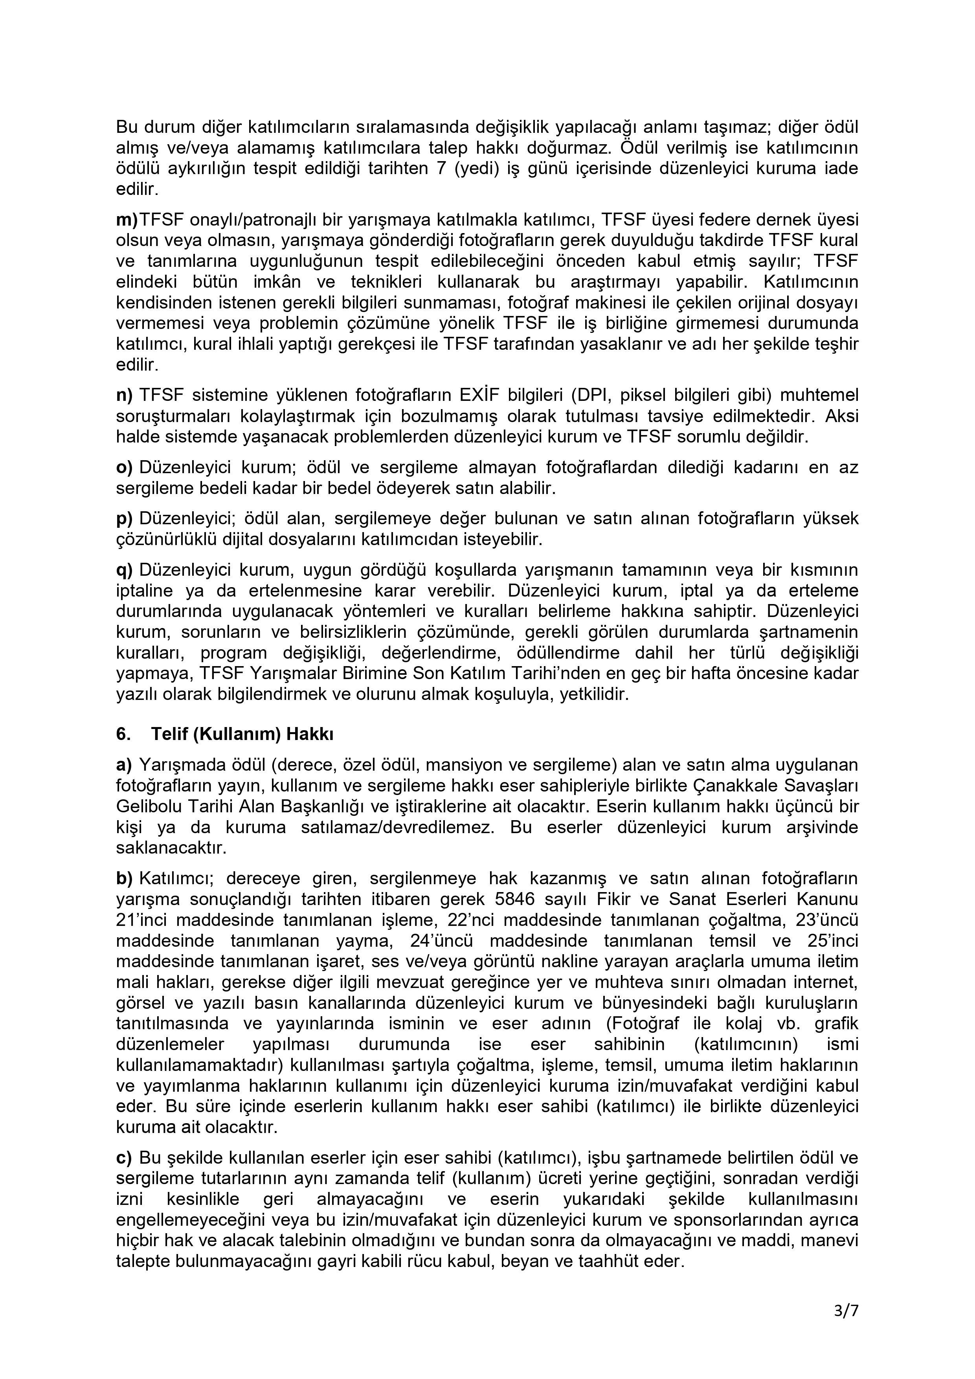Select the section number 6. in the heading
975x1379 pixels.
pos(123,734)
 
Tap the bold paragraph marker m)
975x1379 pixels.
pos(127,219)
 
